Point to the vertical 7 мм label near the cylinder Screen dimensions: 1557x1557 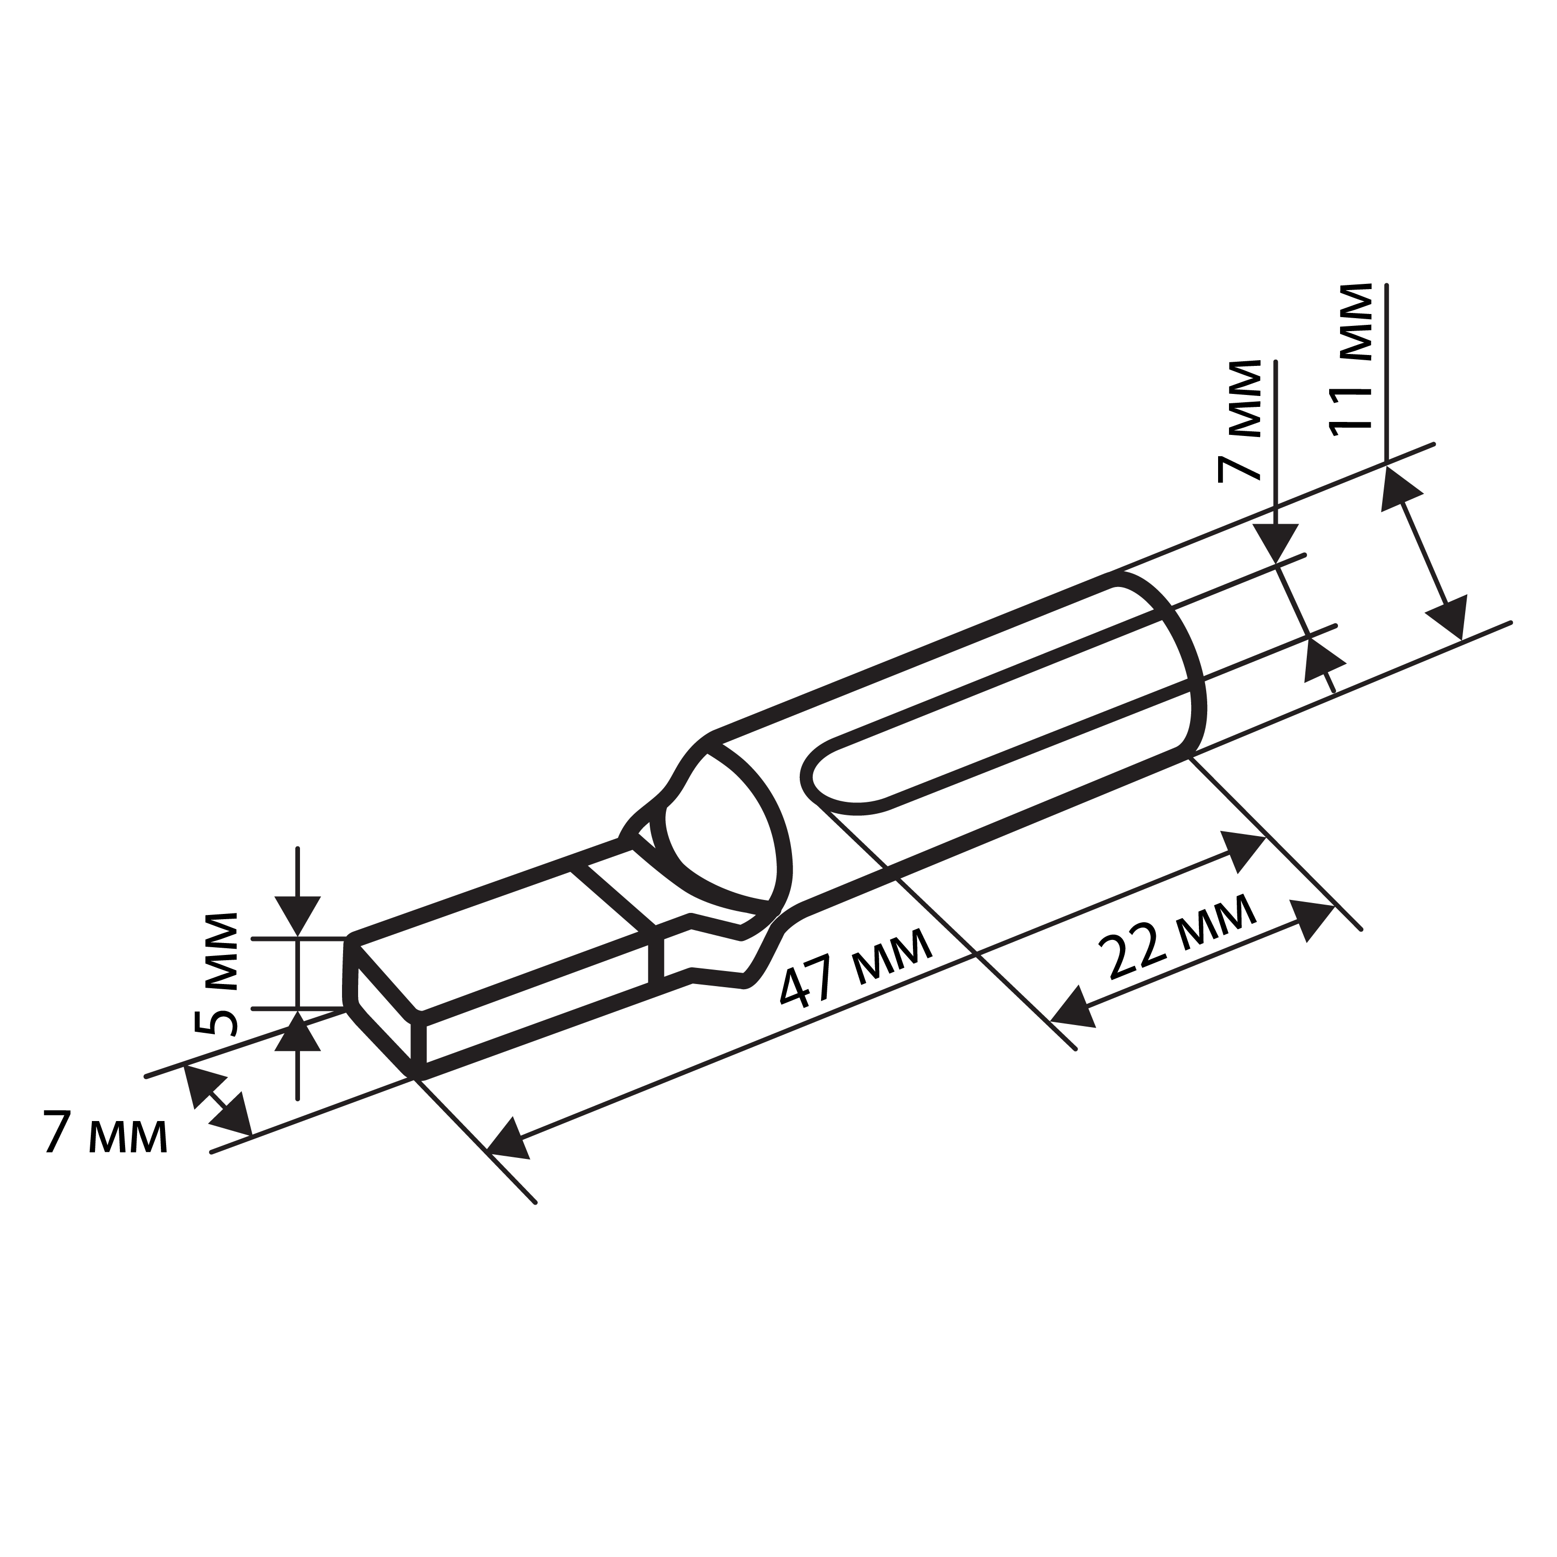[1239, 421]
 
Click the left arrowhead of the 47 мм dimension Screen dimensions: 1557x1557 [509, 1138]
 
